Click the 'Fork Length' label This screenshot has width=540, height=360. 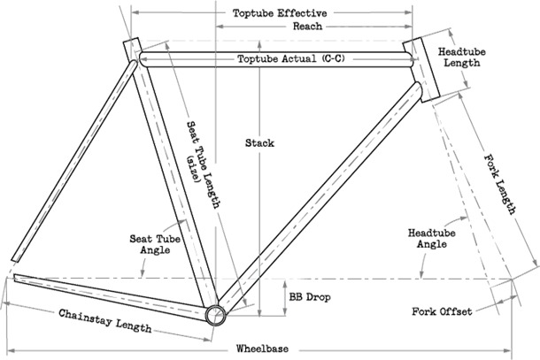click(500, 186)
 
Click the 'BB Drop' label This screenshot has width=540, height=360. click(309, 297)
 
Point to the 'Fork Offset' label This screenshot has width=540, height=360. click(441, 311)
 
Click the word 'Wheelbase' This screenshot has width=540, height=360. click(265, 348)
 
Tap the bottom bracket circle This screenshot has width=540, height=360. click(215, 316)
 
